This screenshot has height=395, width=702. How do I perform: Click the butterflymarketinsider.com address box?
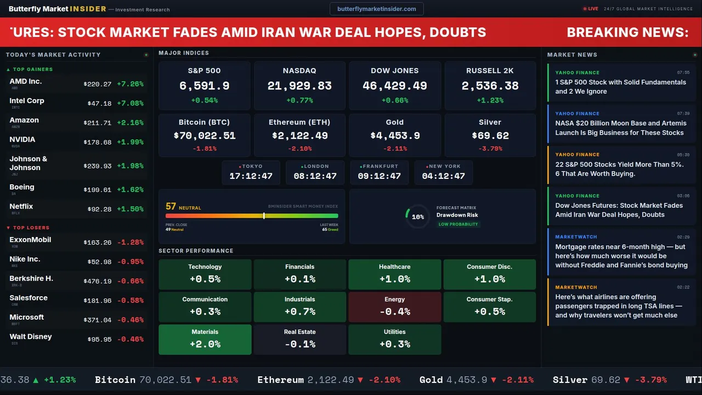(x=377, y=9)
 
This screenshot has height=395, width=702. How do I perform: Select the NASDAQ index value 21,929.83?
(x=299, y=86)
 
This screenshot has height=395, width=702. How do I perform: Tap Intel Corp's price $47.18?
(x=99, y=103)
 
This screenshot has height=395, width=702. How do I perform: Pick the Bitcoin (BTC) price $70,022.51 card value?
(x=205, y=136)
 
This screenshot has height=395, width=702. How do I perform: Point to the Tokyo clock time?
(x=251, y=176)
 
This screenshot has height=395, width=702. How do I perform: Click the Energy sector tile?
(x=395, y=307)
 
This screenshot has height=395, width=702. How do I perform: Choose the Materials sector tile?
(x=205, y=340)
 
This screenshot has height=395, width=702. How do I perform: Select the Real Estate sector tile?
(x=300, y=340)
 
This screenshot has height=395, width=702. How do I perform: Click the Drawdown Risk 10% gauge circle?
(x=417, y=217)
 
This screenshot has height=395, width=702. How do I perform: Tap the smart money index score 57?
(x=171, y=206)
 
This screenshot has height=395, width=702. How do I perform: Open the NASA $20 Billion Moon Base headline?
(x=620, y=128)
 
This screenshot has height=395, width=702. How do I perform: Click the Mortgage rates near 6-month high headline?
(x=621, y=256)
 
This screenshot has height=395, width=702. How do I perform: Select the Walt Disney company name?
(x=31, y=336)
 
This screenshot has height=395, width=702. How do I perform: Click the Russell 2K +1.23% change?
(x=490, y=100)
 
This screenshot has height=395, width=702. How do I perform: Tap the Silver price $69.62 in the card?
(x=490, y=136)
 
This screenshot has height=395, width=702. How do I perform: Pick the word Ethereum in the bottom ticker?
(x=280, y=380)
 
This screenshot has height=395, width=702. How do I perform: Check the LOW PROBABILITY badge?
(x=458, y=224)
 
